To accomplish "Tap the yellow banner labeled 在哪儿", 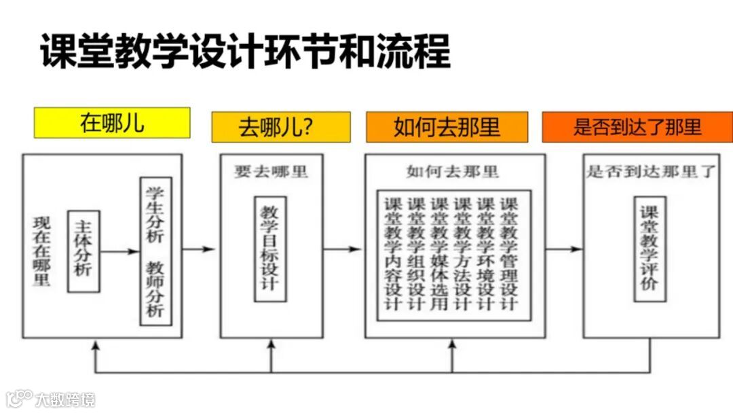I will click(x=112, y=123).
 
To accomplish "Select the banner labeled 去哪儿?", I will click(x=281, y=127).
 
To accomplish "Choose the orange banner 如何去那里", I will click(x=447, y=127).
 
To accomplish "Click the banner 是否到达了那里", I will click(x=637, y=127).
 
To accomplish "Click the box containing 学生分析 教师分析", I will click(x=155, y=251).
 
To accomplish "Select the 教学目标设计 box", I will click(x=269, y=249).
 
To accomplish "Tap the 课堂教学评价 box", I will click(x=650, y=249).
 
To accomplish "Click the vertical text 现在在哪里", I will click(x=41, y=251).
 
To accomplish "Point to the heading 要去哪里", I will click(x=271, y=171).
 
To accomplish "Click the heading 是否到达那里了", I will click(x=651, y=171).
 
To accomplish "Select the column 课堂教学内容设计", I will click(x=394, y=253).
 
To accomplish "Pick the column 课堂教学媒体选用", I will click(x=439, y=253).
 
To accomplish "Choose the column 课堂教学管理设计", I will click(x=508, y=253).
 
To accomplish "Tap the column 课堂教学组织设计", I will click(x=416, y=253).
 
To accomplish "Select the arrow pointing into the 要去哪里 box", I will click(x=201, y=249).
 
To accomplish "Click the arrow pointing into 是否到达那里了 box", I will click(x=564, y=249).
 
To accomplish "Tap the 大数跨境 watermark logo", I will click(x=51, y=398).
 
